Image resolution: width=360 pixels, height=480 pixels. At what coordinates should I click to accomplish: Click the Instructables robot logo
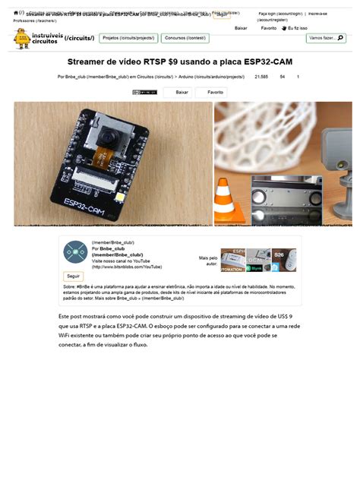click(22, 37)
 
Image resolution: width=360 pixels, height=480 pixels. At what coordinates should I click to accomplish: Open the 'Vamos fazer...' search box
click(325, 37)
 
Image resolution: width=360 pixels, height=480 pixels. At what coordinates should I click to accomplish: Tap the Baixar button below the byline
click(182, 92)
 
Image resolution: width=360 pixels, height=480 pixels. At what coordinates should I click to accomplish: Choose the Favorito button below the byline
click(215, 92)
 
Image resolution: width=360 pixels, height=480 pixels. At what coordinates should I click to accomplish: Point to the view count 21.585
click(261, 77)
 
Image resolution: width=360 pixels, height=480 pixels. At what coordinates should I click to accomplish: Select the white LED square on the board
click(121, 199)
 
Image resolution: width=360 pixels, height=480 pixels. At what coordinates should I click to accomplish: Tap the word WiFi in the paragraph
click(68, 336)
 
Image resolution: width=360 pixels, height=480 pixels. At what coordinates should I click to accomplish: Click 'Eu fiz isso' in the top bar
click(297, 28)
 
